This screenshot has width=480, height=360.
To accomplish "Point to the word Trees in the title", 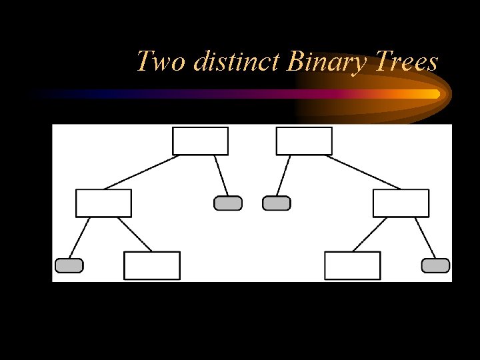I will pyautogui.click(x=406, y=62).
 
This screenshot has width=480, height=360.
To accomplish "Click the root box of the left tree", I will pyautogui.click(x=200, y=141).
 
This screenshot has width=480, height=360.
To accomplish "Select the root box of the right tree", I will pyautogui.click(x=304, y=141).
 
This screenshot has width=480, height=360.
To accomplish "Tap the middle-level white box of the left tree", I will pyautogui.click(x=103, y=203).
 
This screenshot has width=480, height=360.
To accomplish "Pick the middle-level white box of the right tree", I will pyautogui.click(x=401, y=203).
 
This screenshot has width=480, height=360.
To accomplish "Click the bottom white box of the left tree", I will pyautogui.click(x=152, y=265).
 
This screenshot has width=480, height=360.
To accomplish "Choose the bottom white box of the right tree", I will pyautogui.click(x=352, y=265).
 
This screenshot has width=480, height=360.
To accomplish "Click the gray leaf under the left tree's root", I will pyautogui.click(x=228, y=203).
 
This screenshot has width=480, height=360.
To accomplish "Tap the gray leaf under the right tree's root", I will pyautogui.click(x=277, y=203).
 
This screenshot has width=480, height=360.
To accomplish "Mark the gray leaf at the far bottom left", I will pyautogui.click(x=69, y=265).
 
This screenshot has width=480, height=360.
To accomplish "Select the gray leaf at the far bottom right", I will pyautogui.click(x=435, y=265).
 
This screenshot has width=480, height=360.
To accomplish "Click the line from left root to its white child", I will pyautogui.click(x=142, y=172).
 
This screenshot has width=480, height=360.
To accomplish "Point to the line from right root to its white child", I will pyautogui.click(x=363, y=172).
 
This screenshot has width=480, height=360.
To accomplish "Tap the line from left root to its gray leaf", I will pyautogui.click(x=221, y=175).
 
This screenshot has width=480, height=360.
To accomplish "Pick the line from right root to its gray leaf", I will pyautogui.click(x=283, y=175).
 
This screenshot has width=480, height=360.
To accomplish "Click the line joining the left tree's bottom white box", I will pyautogui.click(x=134, y=234).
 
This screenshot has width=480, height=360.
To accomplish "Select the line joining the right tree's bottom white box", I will pyautogui.click(x=371, y=234).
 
